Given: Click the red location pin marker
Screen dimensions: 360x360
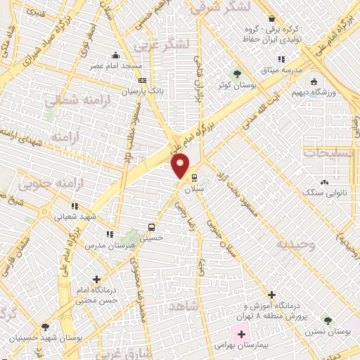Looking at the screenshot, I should pyautogui.click(x=181, y=166).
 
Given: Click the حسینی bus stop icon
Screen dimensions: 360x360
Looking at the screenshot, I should pyautogui.click(x=151, y=227).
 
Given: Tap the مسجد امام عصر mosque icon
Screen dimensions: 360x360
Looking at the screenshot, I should pyautogui.click(x=116, y=56).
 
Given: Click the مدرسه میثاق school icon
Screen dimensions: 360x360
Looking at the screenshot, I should pyautogui.click(x=281, y=60).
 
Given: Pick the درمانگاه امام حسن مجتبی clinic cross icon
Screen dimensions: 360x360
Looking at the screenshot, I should pyautogui.click(x=96, y=278).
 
